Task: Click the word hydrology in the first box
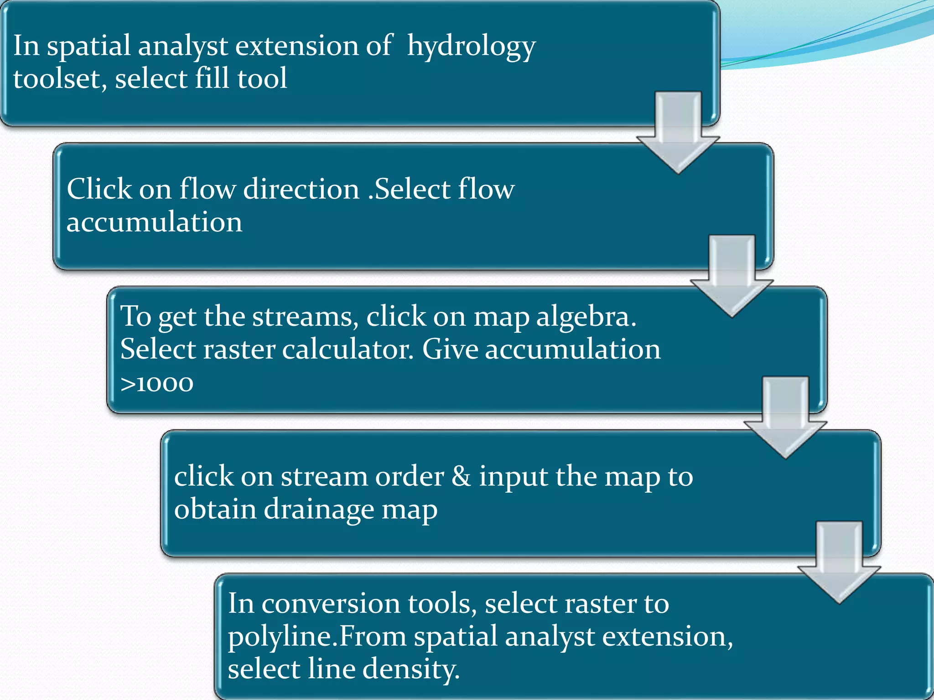[471, 47]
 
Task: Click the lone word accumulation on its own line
[154, 222]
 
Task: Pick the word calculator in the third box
[348, 350]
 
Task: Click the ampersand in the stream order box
[461, 477]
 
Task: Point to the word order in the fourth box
[409, 477]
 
